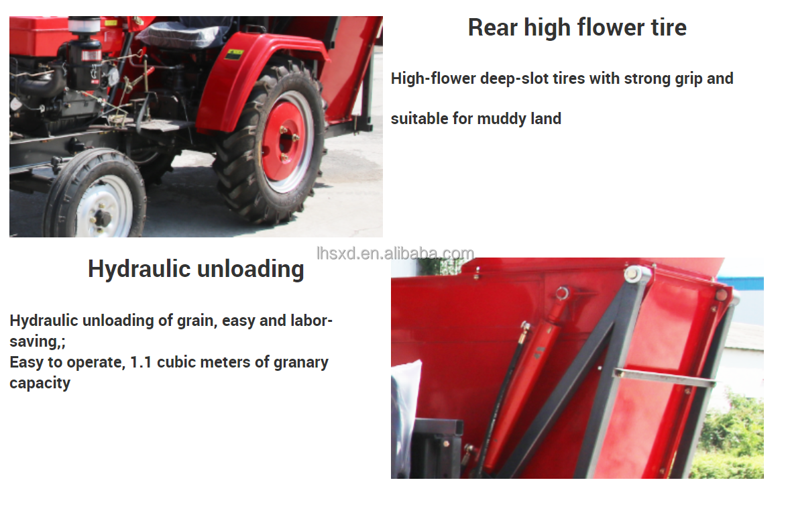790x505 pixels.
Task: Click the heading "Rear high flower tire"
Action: click(x=577, y=27)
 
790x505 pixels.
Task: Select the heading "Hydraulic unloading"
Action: click(x=196, y=269)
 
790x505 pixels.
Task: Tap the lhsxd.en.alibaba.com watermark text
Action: click(x=395, y=253)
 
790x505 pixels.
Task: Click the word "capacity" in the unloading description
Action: click(x=40, y=383)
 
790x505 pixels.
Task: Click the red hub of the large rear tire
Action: click(x=284, y=143)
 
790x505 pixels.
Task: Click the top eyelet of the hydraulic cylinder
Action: click(x=561, y=292)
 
